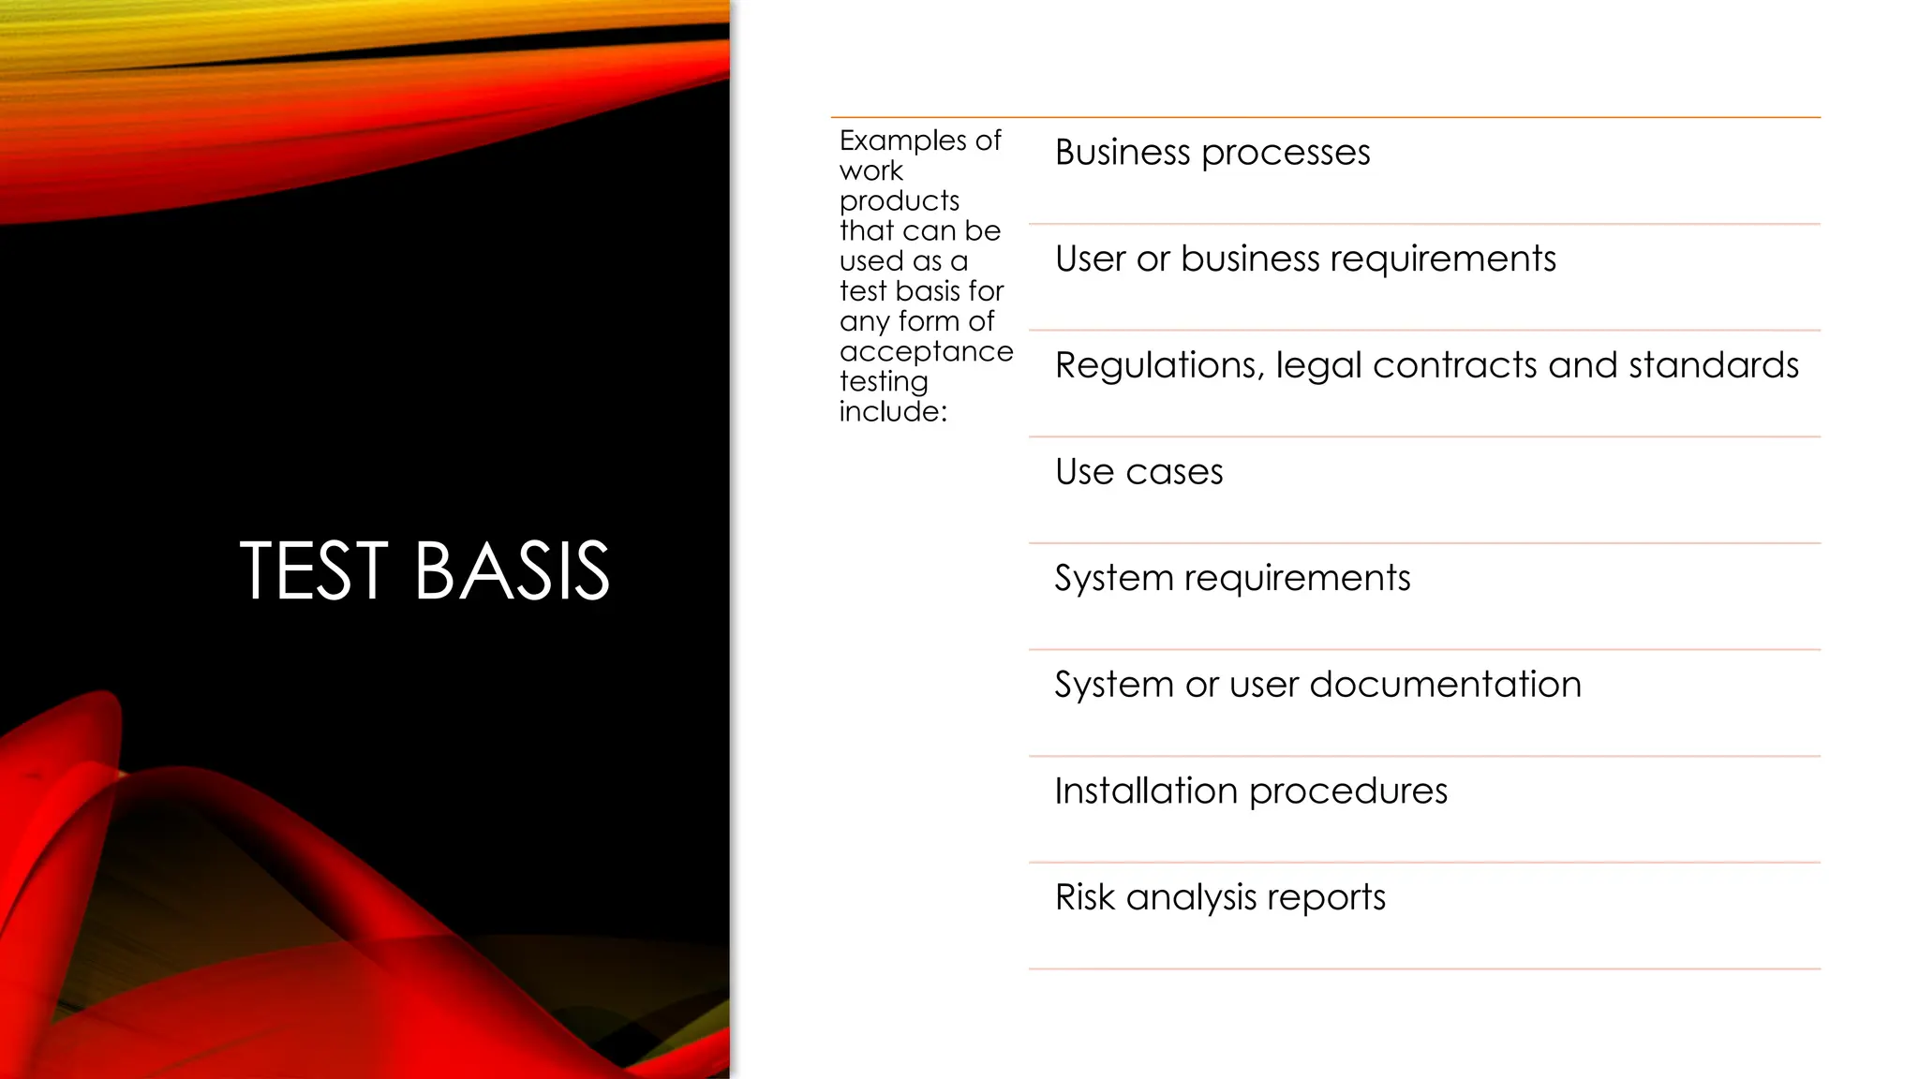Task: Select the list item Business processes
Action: [x=1212, y=153]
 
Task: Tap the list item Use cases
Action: [x=1138, y=472]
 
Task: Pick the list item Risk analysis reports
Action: [x=1219, y=897]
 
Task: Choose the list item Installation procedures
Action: [x=1250, y=791]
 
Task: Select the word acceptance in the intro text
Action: [x=926, y=352]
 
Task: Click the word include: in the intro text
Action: [x=893, y=412]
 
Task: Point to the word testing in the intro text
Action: [x=884, y=382]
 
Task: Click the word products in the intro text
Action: [x=900, y=201]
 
